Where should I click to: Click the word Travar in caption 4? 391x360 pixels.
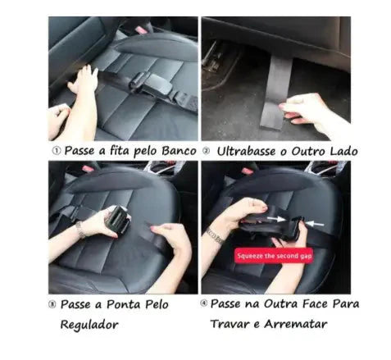tap(234, 323)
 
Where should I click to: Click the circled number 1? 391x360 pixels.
tap(55, 151)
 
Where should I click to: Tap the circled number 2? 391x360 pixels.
tap(208, 151)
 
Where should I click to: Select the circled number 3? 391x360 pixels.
tap(55, 303)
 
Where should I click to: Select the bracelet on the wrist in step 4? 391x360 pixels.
tap(215, 235)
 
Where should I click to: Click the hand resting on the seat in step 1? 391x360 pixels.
tap(84, 80)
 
